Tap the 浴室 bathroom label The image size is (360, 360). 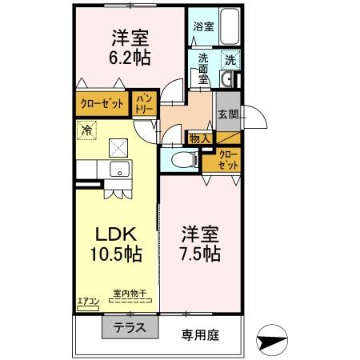pos(203,26)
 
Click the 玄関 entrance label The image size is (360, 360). pos(226,114)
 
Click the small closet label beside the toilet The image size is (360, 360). pos(228,158)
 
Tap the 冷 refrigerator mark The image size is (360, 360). pos(86,128)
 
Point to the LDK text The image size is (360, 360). pos(118,234)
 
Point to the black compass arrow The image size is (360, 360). pos(271,340)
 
